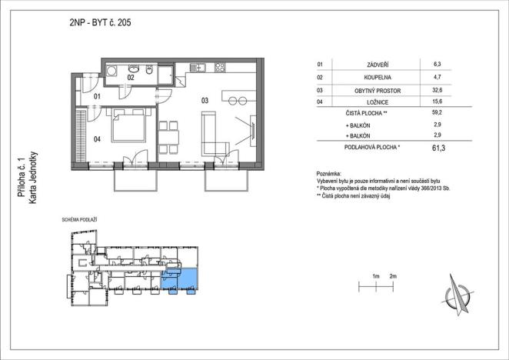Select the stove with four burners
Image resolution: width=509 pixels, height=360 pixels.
tap(219, 68)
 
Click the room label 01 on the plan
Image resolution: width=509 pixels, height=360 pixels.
tap(98, 97)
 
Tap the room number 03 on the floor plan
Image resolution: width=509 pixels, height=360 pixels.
tap(205, 101)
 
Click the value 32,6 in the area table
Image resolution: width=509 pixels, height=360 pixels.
tap(437, 90)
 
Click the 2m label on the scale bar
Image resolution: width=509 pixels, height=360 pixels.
tap(393, 276)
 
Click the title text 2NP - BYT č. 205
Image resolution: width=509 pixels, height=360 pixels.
tap(100, 23)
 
